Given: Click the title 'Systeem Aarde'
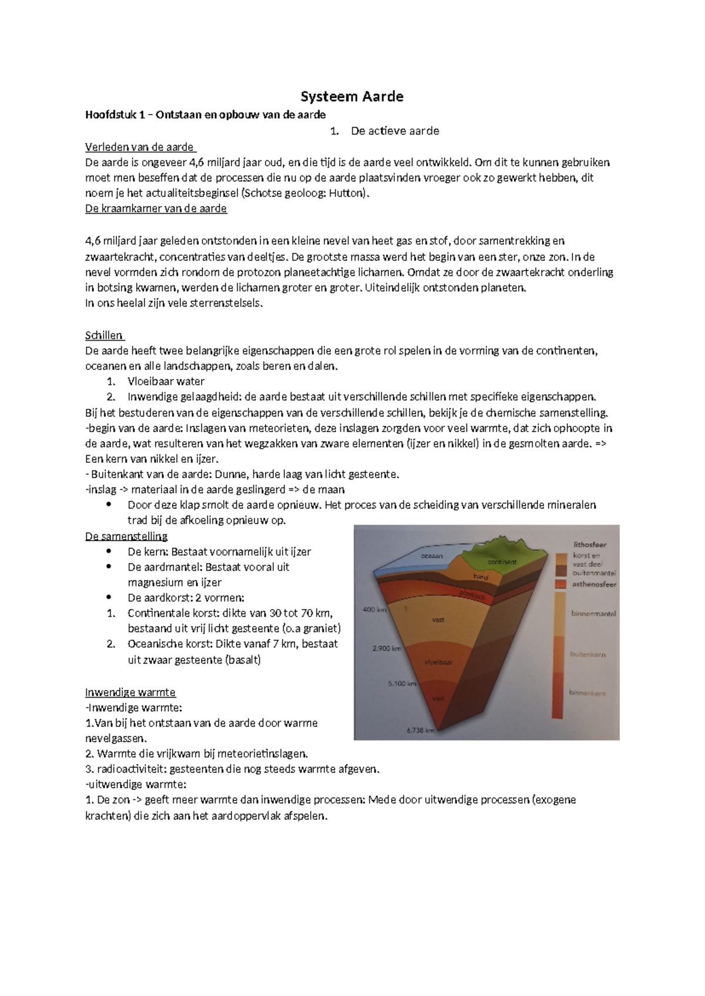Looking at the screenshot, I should pyautogui.click(x=352, y=96).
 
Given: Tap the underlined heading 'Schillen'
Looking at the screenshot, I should pyautogui.click(x=104, y=335).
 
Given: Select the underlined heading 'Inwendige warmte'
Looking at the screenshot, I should pyautogui.click(x=130, y=692).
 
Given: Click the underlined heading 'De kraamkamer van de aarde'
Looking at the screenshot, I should pyautogui.click(x=156, y=208).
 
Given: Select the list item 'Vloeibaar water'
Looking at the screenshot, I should pyautogui.click(x=166, y=381).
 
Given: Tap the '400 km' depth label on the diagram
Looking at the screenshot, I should pyautogui.click(x=374, y=610).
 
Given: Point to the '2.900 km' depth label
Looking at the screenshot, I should pyautogui.click(x=386, y=648).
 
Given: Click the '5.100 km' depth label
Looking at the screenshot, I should pyautogui.click(x=402, y=684).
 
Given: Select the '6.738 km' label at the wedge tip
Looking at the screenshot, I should pyautogui.click(x=420, y=731).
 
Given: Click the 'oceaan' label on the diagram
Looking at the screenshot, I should pyautogui.click(x=432, y=556).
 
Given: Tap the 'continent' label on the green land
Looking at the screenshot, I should pyautogui.click(x=502, y=562).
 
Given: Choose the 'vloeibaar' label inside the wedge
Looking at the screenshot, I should pyautogui.click(x=439, y=662).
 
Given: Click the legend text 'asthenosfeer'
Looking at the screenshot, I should pyautogui.click(x=594, y=584).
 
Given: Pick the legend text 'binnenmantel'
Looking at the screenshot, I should pyautogui.click(x=593, y=614).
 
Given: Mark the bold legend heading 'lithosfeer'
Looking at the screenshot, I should pyautogui.click(x=590, y=544).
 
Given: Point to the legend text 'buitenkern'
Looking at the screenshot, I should pyautogui.click(x=587, y=654).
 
